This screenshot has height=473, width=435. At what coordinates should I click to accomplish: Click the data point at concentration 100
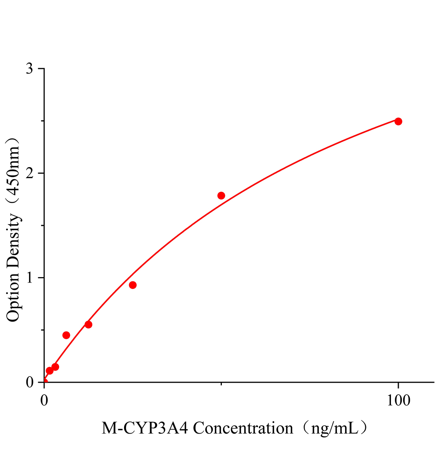click(398, 121)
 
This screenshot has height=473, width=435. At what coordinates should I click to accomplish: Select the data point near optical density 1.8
click(221, 196)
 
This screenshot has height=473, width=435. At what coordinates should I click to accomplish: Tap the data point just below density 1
click(133, 285)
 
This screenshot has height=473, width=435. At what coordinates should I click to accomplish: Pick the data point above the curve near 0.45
click(66, 335)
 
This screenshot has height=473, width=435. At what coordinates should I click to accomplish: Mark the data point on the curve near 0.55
click(88, 324)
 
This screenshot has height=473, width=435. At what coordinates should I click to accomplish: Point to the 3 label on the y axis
click(30, 69)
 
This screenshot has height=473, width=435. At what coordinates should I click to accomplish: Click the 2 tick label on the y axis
click(30, 173)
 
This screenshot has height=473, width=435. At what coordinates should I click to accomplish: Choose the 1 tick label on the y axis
click(30, 278)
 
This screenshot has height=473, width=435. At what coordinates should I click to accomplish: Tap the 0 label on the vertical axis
click(30, 382)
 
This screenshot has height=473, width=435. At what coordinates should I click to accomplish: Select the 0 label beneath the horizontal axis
click(44, 400)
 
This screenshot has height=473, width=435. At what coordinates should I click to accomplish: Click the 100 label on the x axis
click(398, 400)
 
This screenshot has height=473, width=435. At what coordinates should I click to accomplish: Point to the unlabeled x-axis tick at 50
click(221, 384)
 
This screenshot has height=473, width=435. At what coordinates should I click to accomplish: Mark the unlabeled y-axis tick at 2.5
click(42, 121)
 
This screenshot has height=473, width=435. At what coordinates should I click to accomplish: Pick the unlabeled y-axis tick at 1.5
click(42, 225)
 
